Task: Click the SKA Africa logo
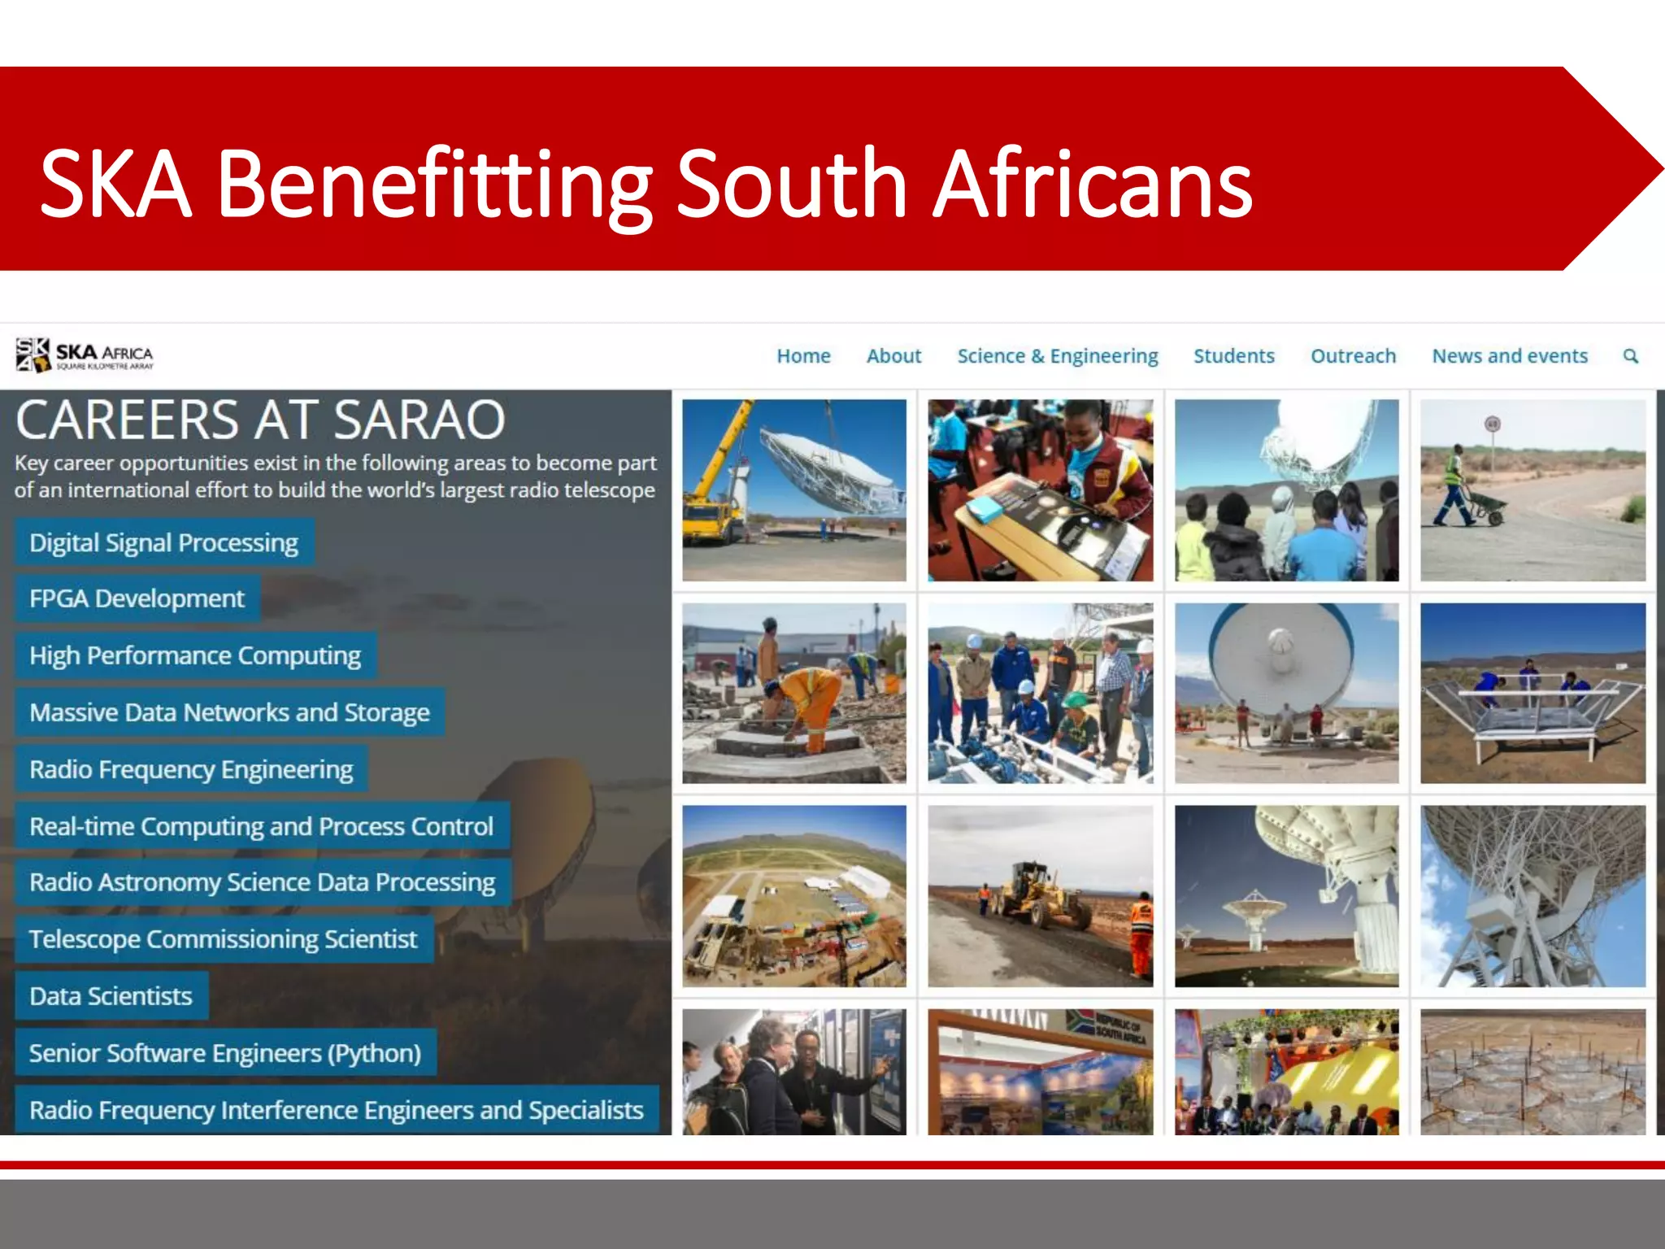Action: click(85, 355)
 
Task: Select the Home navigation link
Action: click(803, 356)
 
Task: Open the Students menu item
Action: click(1233, 356)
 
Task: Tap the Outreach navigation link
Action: click(1353, 356)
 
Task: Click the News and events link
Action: click(1510, 356)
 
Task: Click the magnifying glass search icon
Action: click(1630, 356)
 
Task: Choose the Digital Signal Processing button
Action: click(164, 542)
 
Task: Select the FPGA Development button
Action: click(137, 598)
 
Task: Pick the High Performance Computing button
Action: click(195, 655)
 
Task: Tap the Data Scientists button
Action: click(111, 996)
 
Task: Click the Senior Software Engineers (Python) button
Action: click(225, 1053)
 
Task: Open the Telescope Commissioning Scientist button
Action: click(224, 939)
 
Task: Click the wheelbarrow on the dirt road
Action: click(1486, 508)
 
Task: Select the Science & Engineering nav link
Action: click(1057, 356)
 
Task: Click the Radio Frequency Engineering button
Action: click(191, 769)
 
